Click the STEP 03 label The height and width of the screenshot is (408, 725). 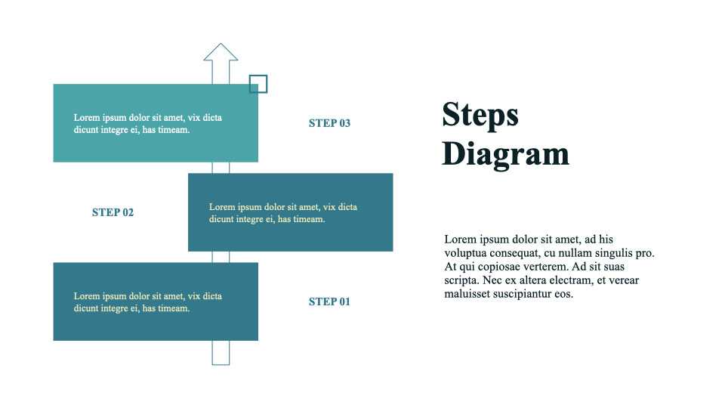329,123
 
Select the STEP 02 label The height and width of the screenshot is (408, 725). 113,212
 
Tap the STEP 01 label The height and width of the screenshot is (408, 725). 329,302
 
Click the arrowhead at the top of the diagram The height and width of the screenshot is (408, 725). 221,52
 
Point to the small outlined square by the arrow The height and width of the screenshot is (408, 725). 258,84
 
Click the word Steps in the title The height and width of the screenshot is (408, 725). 480,115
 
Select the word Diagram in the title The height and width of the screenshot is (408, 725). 505,153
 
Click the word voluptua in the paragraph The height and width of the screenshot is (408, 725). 466,253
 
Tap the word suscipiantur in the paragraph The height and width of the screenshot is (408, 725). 525,294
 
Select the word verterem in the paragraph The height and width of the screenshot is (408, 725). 541,267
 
